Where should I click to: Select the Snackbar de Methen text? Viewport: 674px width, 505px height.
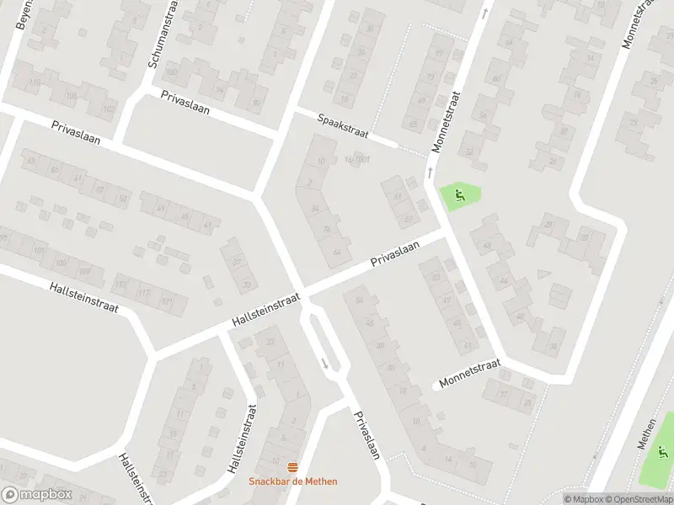tap(292, 481)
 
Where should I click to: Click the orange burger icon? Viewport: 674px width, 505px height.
tap(292, 467)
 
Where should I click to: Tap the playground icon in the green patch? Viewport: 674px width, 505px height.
tap(459, 197)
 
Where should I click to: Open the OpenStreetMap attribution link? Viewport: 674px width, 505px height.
tap(637, 498)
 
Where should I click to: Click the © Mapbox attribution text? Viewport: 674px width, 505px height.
tap(583, 498)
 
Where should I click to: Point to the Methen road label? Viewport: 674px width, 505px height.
tap(647, 433)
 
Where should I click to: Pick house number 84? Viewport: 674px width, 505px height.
tap(316, 208)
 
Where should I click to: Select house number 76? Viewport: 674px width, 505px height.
tap(327, 229)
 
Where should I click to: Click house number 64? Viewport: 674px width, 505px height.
tap(338, 252)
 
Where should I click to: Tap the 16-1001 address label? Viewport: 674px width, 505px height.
tap(357, 159)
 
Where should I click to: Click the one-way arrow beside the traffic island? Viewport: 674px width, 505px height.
tap(325, 364)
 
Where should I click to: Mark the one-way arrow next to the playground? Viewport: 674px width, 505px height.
tap(431, 173)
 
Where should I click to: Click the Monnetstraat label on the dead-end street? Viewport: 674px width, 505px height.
tap(468, 372)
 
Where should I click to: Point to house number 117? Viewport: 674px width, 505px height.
tap(145, 293)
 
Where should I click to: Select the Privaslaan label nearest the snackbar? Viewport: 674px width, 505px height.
tap(367, 433)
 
